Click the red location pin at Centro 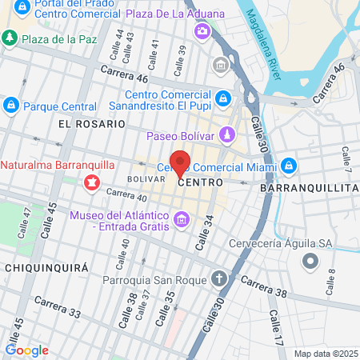point(180,162)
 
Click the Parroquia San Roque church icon point(220,280)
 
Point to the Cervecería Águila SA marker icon point(310,261)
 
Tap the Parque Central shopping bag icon point(11,105)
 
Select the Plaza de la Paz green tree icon point(10,38)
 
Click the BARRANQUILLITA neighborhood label point(309,186)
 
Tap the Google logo point(26,350)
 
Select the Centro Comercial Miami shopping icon point(289,166)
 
